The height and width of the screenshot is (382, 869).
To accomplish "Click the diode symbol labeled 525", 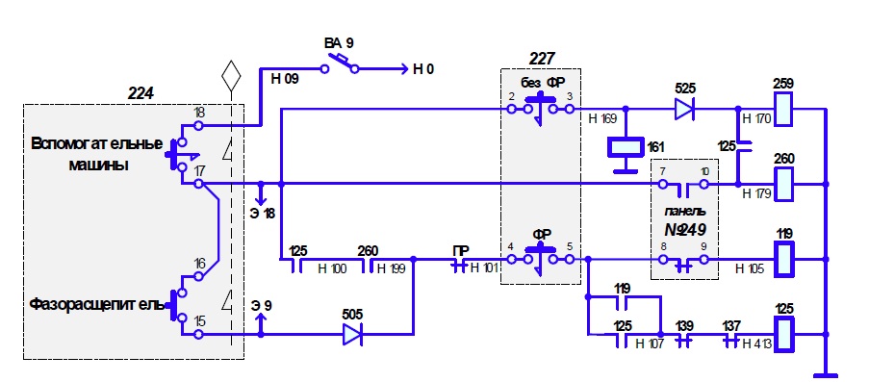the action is [684, 110].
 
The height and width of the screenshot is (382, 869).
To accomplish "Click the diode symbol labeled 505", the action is [352, 334].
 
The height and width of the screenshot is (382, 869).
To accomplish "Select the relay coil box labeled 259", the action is [783, 109].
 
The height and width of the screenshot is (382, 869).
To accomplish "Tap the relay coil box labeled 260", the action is [783, 184].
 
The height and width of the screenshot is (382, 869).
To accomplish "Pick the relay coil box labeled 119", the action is [783, 259].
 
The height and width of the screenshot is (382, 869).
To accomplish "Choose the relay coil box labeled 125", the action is [783, 334].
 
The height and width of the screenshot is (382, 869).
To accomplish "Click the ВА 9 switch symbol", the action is [339, 64].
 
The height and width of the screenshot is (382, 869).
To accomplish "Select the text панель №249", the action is [685, 220].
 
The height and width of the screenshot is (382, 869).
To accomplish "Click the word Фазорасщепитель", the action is [97, 304].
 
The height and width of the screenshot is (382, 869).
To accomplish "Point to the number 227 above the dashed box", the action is [542, 58].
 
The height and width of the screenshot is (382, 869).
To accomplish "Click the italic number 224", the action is [141, 93].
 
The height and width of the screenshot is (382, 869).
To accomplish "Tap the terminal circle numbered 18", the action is [199, 126].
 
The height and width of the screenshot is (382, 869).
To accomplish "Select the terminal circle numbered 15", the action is [199, 334].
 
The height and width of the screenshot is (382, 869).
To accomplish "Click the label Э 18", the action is [262, 213].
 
